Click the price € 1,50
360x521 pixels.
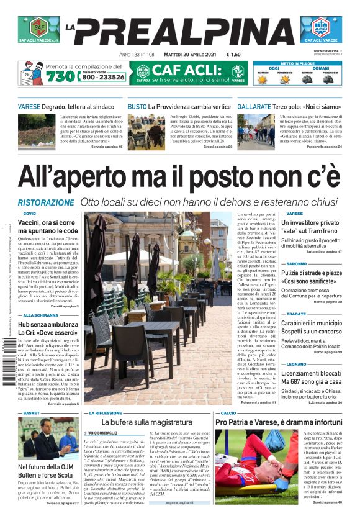(234, 55)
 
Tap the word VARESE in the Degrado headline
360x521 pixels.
(29, 107)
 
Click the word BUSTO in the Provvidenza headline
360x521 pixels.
(137, 107)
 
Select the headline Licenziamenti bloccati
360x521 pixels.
(318, 376)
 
